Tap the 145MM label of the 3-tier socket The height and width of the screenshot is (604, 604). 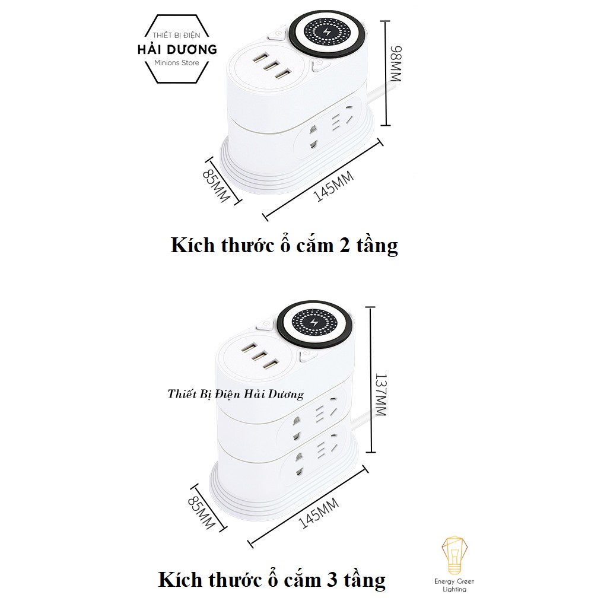(x=319, y=513)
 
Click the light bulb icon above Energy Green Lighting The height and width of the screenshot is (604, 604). (x=453, y=555)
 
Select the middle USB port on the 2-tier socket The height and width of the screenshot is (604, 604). (x=269, y=67)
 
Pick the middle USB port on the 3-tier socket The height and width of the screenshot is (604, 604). (x=256, y=358)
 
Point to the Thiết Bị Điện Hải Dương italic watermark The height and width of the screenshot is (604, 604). (x=235, y=394)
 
